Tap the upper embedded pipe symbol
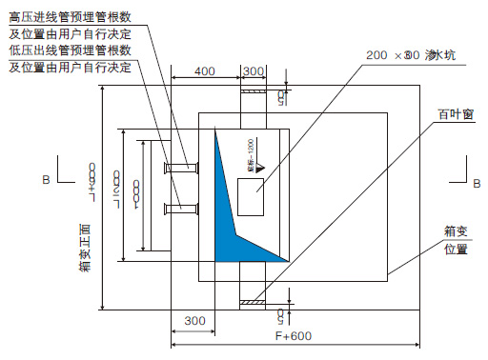point(181,169)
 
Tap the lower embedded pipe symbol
point(181,209)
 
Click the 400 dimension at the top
point(203,71)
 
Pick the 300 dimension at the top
point(254,71)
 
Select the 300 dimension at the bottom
point(193,321)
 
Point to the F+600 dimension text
point(295,336)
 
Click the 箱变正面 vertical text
point(85,248)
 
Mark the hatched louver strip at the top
point(254,90)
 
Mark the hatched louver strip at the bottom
point(254,304)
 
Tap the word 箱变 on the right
point(455,230)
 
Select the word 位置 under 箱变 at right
point(455,250)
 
